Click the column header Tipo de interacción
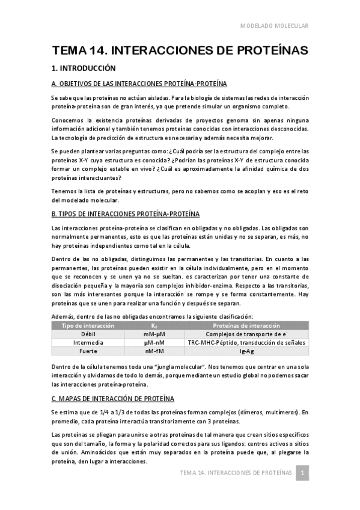(84, 325)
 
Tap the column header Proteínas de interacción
(246, 325)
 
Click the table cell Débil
(84, 334)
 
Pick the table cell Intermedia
(84, 342)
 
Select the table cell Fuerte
(84, 351)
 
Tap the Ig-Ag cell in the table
(246, 351)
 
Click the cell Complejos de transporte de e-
(246, 334)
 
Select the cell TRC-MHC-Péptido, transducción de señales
(246, 342)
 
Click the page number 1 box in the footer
(304, 473)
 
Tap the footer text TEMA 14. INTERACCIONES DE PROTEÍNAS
(236, 473)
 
